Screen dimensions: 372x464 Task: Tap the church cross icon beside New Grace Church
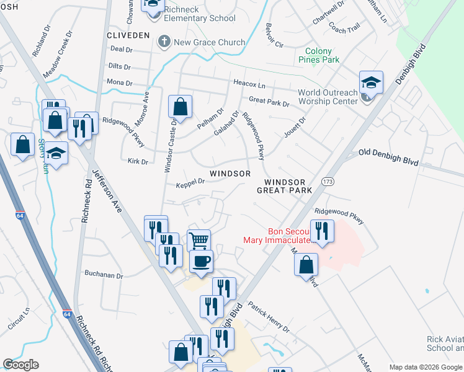164,42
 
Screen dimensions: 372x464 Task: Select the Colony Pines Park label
323,56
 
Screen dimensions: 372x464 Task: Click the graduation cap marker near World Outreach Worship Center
371,83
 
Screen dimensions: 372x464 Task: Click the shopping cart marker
198,241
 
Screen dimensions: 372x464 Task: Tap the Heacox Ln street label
249,83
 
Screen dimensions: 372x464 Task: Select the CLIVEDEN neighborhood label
128,35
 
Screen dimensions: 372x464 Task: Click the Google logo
21,365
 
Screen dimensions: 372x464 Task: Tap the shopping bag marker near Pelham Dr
180,107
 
